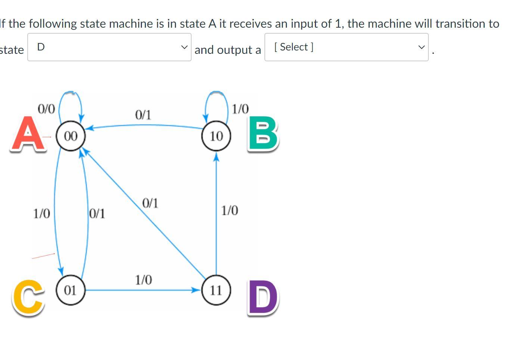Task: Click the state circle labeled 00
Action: point(71,136)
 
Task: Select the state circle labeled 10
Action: point(216,136)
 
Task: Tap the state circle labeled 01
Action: point(71,290)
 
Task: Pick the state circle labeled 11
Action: point(216,290)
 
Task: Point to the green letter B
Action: point(263,134)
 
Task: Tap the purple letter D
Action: point(263,298)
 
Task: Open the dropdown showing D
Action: point(109,47)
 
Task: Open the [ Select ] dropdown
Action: point(346,47)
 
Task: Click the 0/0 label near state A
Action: point(46,109)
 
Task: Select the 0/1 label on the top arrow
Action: point(143,115)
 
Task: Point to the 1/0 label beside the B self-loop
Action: point(240,109)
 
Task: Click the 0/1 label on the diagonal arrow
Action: point(150,203)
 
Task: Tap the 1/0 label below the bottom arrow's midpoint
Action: point(143,280)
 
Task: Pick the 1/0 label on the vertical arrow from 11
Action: point(229,210)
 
